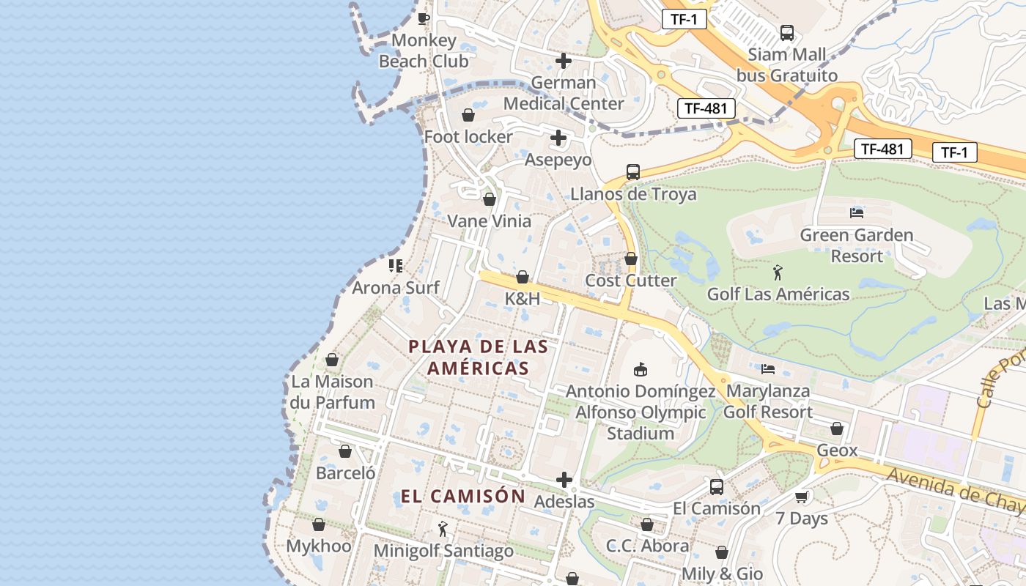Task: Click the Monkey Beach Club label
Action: pyautogui.click(x=424, y=51)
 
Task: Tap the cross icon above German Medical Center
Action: pyautogui.click(x=564, y=61)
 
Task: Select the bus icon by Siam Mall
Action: pyautogui.click(x=787, y=32)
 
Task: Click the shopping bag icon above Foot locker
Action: pyautogui.click(x=468, y=116)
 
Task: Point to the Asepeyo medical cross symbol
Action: pyautogui.click(x=558, y=138)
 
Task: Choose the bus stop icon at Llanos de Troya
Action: pyautogui.click(x=633, y=172)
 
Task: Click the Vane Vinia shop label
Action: pyautogui.click(x=489, y=220)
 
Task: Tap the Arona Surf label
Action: pyautogui.click(x=396, y=287)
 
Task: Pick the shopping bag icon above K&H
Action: pyautogui.click(x=523, y=277)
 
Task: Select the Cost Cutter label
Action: pyautogui.click(x=631, y=281)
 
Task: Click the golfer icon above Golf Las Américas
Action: pyautogui.click(x=778, y=273)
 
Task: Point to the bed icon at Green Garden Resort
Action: pyautogui.click(x=857, y=213)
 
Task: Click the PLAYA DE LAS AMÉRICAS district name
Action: pyautogui.click(x=479, y=357)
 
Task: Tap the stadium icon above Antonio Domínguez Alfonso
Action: pyautogui.click(x=641, y=368)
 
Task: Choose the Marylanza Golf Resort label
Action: pyautogui.click(x=768, y=401)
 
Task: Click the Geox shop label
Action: pyautogui.click(x=837, y=450)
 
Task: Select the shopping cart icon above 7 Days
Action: pyautogui.click(x=802, y=497)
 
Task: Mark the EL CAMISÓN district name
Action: pyautogui.click(x=463, y=496)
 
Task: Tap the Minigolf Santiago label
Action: pyautogui.click(x=443, y=550)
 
